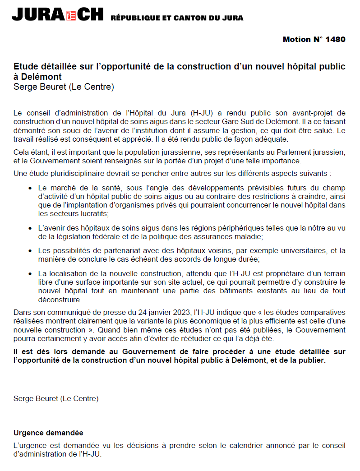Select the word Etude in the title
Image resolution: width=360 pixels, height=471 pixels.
click(x=24, y=67)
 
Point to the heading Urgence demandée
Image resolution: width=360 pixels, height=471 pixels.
click(x=48, y=433)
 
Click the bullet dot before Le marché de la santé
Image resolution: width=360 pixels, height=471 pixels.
click(x=30, y=188)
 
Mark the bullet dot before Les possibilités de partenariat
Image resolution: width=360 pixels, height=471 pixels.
click(x=30, y=250)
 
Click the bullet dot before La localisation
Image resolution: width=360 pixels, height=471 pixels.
click(x=30, y=274)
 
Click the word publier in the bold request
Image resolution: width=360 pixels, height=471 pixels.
click(x=311, y=361)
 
